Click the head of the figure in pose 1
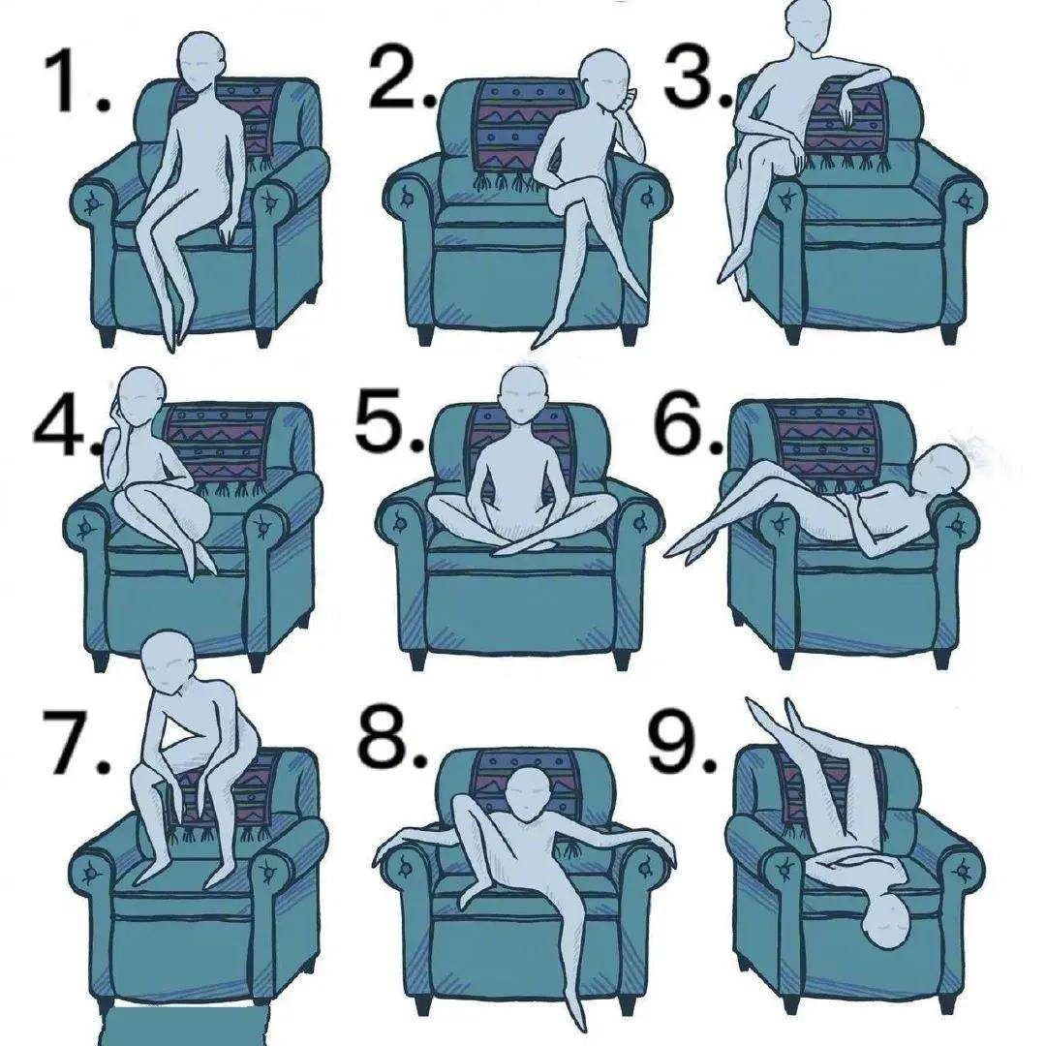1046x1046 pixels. pyautogui.click(x=200, y=64)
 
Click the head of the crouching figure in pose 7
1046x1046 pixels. pyautogui.click(x=167, y=662)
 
